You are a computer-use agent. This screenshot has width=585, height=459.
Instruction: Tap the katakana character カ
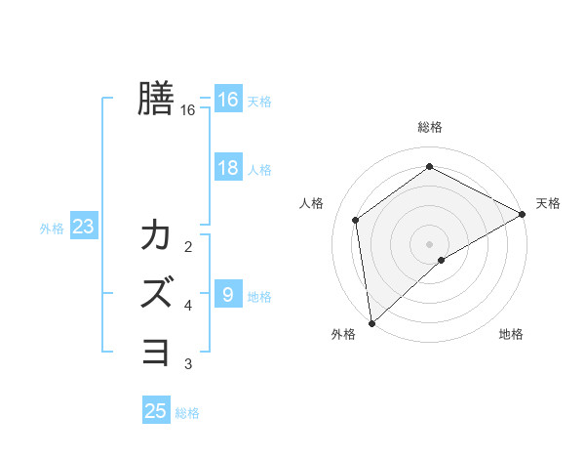click(156, 235)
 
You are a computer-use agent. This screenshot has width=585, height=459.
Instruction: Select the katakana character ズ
click(156, 292)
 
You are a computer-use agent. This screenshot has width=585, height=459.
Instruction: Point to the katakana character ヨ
click(156, 350)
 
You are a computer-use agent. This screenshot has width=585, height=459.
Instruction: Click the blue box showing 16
click(227, 99)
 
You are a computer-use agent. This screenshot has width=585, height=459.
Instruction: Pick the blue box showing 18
click(227, 168)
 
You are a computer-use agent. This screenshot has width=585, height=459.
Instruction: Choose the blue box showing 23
click(83, 228)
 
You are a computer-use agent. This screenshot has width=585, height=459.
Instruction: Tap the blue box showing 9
click(227, 295)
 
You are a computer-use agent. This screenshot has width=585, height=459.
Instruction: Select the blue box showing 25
click(156, 411)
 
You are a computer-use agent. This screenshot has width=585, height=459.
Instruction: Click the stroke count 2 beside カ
click(188, 246)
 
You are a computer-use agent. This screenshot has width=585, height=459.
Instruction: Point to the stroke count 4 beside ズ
click(188, 306)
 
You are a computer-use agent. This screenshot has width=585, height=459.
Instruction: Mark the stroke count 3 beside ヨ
click(188, 364)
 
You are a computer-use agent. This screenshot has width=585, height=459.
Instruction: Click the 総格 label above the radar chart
click(430, 127)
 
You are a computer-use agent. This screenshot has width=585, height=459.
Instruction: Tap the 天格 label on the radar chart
click(548, 203)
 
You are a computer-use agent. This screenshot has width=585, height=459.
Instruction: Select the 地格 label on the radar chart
click(511, 334)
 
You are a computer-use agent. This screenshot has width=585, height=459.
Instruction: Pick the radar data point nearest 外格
click(371, 322)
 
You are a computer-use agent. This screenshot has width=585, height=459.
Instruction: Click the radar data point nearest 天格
click(523, 214)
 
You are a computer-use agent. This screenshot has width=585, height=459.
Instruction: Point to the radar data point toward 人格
click(356, 220)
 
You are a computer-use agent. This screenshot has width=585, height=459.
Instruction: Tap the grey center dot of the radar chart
click(430, 243)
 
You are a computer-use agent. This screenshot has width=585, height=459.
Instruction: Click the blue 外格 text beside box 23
click(52, 229)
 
